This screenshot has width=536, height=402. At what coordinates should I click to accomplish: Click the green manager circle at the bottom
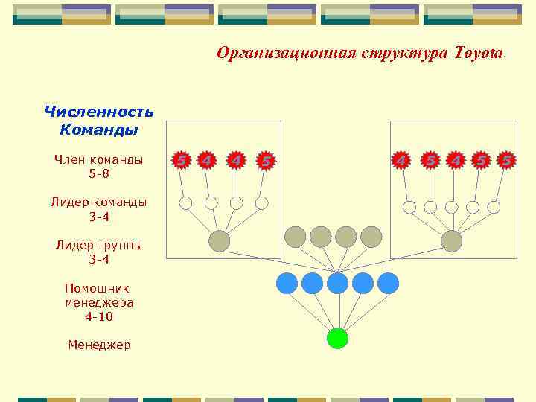click(x=337, y=339)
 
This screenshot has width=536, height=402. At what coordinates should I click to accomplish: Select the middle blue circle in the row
click(x=337, y=283)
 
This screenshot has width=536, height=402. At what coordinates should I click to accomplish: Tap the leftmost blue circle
click(x=287, y=283)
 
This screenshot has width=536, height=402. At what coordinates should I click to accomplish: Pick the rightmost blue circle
click(x=388, y=283)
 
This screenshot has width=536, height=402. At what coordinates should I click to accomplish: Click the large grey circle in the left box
click(x=219, y=240)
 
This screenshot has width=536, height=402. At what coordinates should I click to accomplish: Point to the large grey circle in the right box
click(x=451, y=240)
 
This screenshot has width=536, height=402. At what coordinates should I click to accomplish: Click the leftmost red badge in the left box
click(x=180, y=160)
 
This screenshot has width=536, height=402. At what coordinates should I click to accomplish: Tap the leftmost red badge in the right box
click(x=401, y=160)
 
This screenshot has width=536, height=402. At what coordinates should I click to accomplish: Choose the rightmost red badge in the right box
click(x=507, y=160)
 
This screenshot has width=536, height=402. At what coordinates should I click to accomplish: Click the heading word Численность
click(x=99, y=112)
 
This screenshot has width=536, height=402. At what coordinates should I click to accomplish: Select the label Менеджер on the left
click(x=99, y=345)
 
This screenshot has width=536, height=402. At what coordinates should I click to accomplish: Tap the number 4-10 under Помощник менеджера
click(x=99, y=316)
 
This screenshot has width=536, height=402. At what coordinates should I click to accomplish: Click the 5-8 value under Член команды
click(x=99, y=173)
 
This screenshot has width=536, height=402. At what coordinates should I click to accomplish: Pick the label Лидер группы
click(x=99, y=245)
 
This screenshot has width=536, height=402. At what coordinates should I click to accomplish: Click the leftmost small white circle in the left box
click(x=186, y=202)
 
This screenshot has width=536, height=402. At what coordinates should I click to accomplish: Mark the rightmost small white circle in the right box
click(x=494, y=207)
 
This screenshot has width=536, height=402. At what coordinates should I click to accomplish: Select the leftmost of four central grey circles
click(x=296, y=237)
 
